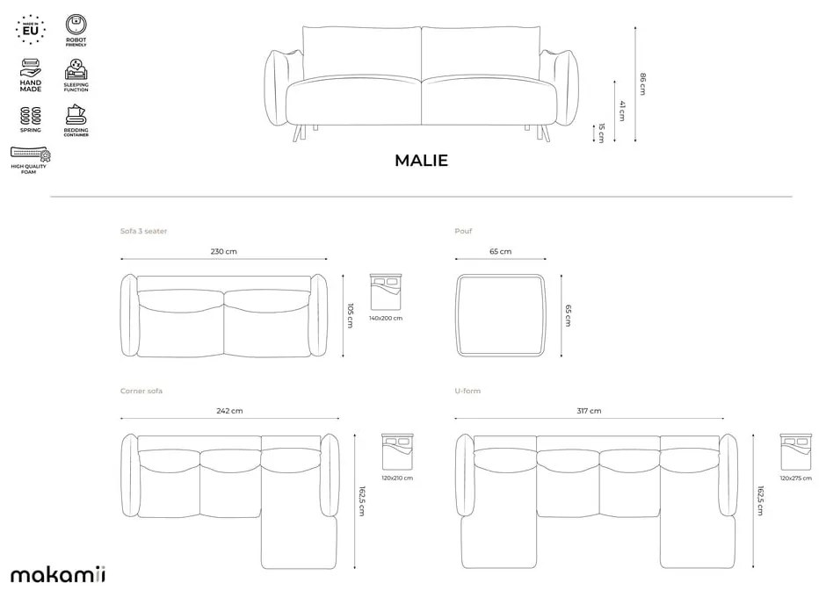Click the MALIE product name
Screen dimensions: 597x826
(421, 160)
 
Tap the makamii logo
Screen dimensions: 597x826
(57, 575)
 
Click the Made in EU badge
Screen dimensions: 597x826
(30, 29)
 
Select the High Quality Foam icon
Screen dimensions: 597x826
(31, 155)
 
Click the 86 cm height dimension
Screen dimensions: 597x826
(642, 83)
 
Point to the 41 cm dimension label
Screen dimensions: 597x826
(621, 110)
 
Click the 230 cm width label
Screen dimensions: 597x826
(223, 251)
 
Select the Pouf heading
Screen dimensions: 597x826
(463, 231)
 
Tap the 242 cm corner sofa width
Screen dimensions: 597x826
(230, 410)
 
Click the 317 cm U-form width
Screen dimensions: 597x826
(590, 410)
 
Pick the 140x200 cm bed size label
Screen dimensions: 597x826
(386, 318)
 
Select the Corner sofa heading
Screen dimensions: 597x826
(141, 390)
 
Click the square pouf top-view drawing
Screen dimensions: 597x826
(501, 314)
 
